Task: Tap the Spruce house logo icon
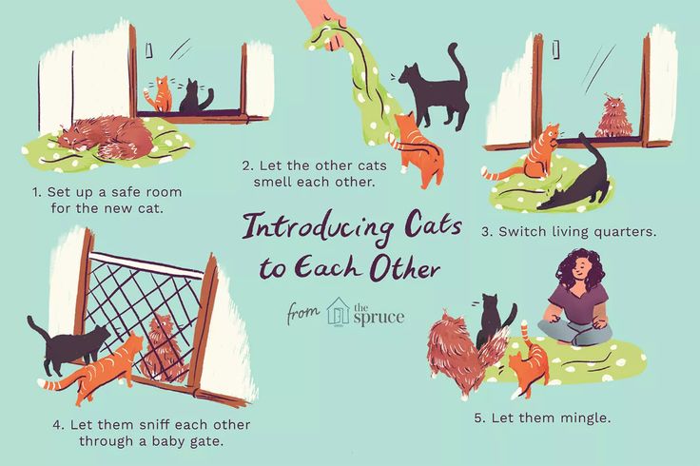pyautogui.click(x=338, y=311)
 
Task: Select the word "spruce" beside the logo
pyautogui.click(x=379, y=317)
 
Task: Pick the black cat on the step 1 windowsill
pyautogui.click(x=195, y=97)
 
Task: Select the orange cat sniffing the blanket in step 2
pyautogui.click(x=418, y=147)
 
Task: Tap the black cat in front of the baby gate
pyautogui.click(x=71, y=347)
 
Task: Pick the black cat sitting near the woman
pyautogui.click(x=493, y=323)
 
